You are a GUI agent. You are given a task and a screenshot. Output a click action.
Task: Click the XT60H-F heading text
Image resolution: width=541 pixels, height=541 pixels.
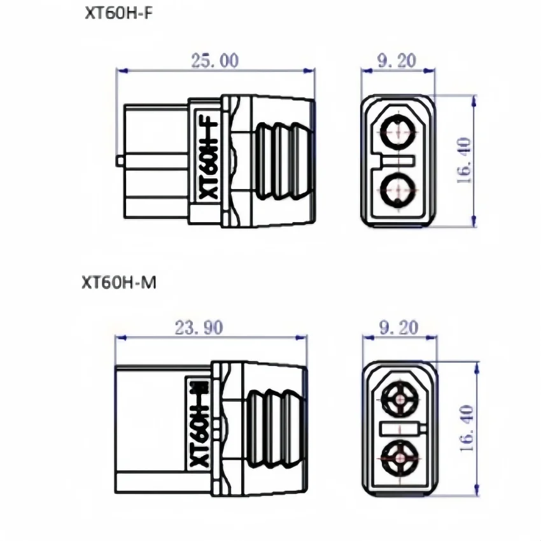point(119,14)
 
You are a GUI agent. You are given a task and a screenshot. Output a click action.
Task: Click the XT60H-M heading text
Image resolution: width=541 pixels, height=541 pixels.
point(119,282)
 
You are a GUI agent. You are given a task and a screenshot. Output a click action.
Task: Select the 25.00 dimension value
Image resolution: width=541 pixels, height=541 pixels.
point(215,60)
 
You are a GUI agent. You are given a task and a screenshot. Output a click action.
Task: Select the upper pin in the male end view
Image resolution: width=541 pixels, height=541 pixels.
point(400,400)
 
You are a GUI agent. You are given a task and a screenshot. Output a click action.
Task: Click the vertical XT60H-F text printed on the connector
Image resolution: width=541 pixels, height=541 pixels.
point(207,160)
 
